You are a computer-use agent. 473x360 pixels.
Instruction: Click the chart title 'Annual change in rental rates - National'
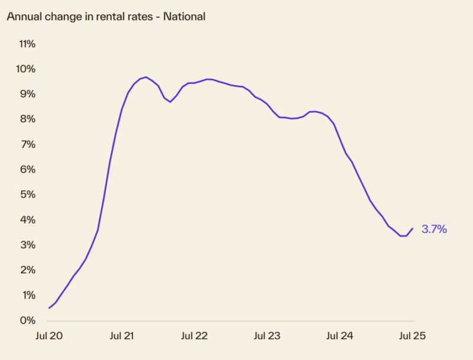106,17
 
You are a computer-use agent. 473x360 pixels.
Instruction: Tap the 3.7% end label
434,229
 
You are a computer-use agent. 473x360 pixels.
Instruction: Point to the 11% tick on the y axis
27,44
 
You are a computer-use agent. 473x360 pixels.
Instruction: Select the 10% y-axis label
27,69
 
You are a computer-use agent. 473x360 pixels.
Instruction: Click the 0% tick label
28,320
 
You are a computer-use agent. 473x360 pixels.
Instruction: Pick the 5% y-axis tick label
28,194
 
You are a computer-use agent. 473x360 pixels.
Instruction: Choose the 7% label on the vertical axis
28,144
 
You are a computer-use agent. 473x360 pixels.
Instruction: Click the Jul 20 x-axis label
49,336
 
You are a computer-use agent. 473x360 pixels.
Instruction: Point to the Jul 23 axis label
267,336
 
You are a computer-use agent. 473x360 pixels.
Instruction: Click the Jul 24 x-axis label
340,336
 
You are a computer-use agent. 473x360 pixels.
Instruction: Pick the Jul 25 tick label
412,336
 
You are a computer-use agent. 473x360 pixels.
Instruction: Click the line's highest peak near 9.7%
145,77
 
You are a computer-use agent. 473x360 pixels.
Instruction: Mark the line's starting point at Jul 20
49,308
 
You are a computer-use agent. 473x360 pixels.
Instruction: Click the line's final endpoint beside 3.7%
413,228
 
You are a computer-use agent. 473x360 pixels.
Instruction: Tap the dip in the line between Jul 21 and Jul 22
170,102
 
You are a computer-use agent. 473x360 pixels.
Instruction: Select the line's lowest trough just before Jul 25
403,236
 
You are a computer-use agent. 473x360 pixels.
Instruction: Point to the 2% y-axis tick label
28,270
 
